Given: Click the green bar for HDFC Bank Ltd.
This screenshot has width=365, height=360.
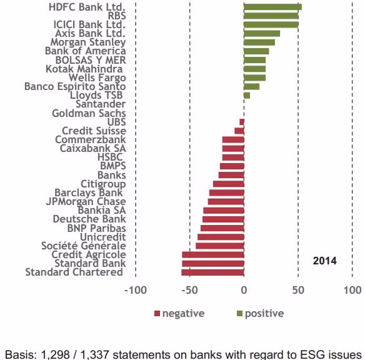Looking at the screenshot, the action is (273, 7).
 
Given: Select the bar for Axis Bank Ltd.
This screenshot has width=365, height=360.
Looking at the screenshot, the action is (262, 34).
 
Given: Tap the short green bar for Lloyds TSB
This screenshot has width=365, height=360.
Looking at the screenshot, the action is (247, 96).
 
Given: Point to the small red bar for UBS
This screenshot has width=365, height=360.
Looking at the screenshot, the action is (242, 122).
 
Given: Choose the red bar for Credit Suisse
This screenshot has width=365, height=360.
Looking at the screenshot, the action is (239, 131).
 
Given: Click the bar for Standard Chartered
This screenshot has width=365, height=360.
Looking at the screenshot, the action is (212, 272).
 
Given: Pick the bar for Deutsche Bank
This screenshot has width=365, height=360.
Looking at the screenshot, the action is (223, 219).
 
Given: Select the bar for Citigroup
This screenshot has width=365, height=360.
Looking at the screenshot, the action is (229, 184).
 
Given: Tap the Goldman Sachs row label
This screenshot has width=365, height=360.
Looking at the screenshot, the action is (89, 113).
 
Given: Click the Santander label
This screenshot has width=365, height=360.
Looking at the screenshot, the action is (101, 104).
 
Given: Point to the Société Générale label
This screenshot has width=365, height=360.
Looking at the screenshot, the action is (84, 246).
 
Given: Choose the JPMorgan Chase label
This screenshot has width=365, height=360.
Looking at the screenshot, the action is (86, 201).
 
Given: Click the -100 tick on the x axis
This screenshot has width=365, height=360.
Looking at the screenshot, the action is (136, 290).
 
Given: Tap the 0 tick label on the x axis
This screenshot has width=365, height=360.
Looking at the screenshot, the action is (244, 290).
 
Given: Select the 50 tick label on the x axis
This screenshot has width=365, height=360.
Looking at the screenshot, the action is (298, 290).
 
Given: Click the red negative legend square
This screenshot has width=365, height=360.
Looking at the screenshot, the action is (157, 314).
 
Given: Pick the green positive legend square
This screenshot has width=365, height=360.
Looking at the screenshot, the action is (239, 314).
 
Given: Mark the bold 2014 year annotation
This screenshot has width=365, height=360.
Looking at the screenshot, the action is (325, 261).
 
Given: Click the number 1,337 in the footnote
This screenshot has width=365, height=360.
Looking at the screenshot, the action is (95, 354).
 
